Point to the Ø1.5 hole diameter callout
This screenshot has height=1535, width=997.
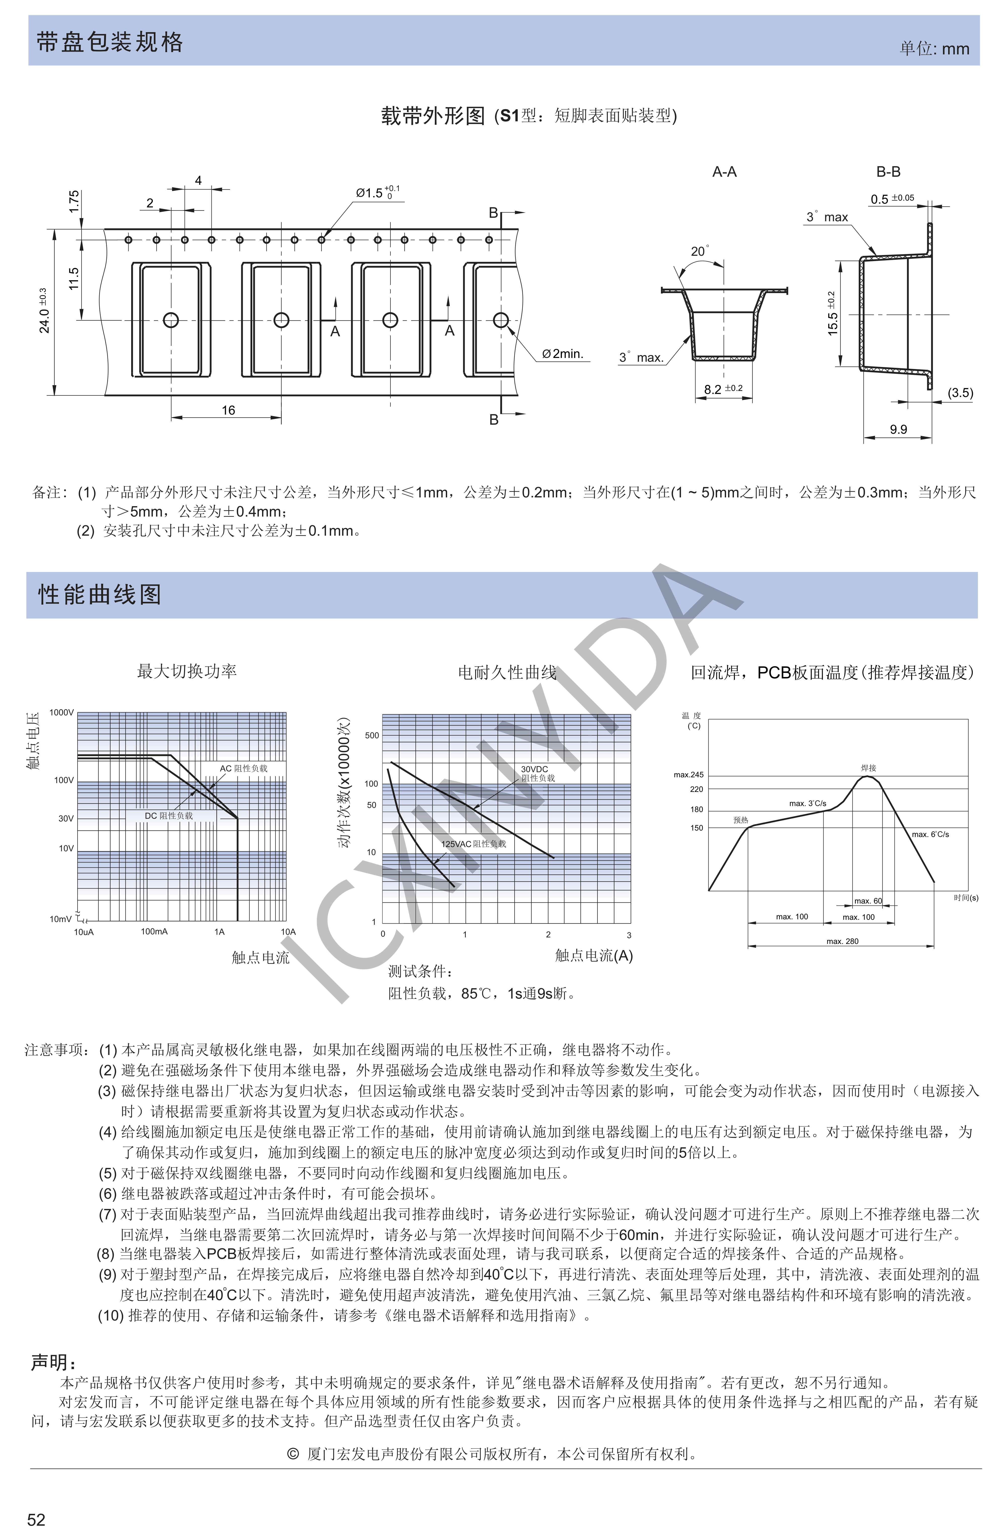[377, 192]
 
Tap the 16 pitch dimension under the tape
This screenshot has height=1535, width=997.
[228, 410]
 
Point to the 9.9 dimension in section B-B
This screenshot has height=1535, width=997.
[898, 429]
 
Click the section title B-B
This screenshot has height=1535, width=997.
[888, 172]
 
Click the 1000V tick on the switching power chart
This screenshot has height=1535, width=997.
[62, 713]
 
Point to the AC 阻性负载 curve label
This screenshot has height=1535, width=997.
[243, 768]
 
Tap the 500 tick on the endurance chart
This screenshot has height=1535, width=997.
[372, 735]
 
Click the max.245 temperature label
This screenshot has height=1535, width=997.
[689, 775]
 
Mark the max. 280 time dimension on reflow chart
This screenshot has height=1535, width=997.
[842, 941]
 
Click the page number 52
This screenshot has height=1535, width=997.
[36, 1519]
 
